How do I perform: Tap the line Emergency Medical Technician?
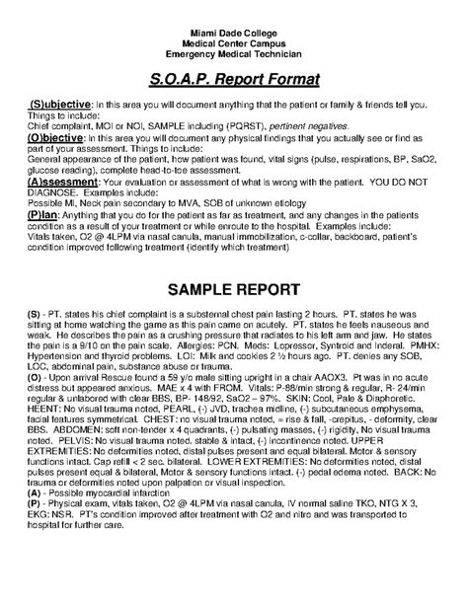click(x=234, y=51)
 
